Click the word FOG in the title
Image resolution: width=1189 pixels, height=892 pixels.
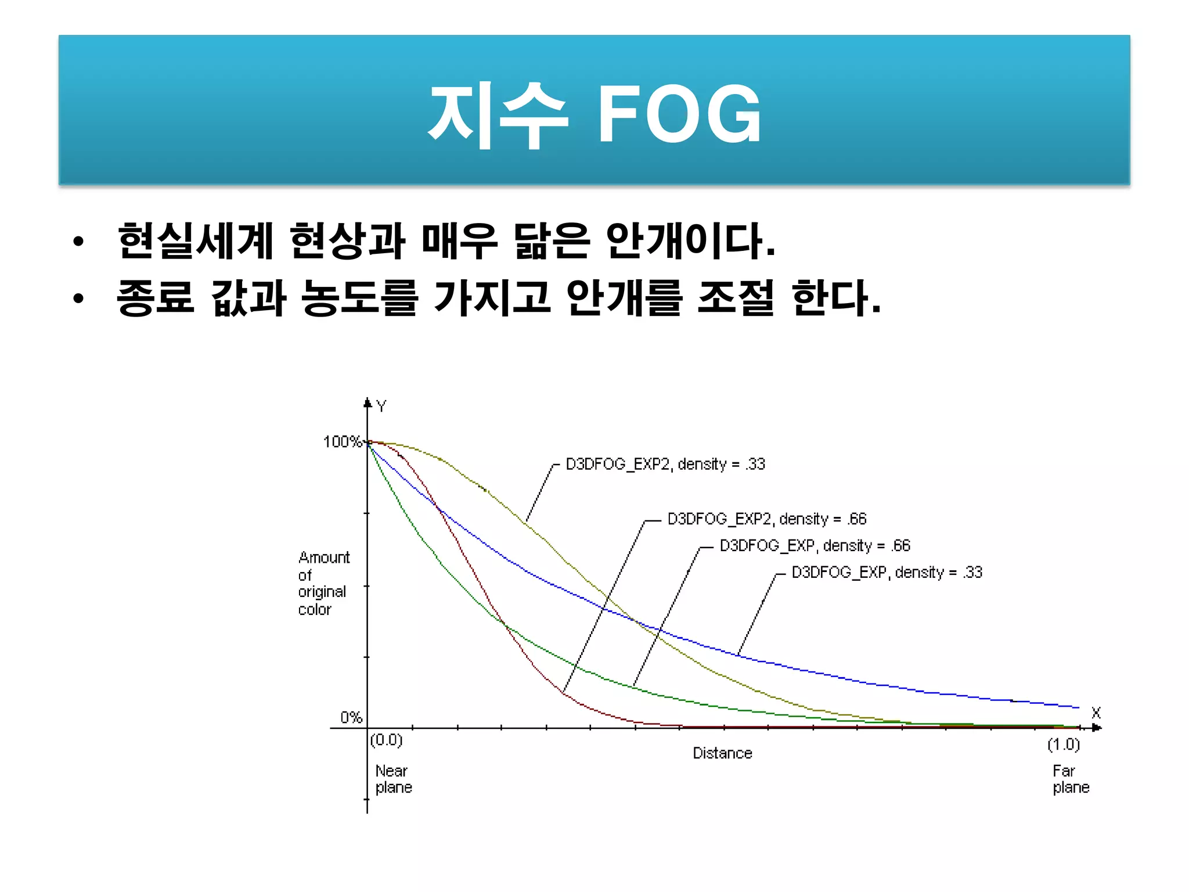tap(679, 113)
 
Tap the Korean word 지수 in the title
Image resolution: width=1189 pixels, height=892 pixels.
tap(498, 114)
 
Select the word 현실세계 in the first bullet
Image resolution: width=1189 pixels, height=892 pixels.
tap(195, 241)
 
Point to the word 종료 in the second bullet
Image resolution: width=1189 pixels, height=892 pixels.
tap(155, 297)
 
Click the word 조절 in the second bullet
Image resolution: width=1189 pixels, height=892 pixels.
tap(736, 297)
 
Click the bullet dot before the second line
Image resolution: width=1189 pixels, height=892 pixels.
tap(79, 298)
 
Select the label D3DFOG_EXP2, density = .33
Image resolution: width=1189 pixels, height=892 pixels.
tap(665, 464)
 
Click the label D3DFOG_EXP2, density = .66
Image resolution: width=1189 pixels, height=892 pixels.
tap(767, 519)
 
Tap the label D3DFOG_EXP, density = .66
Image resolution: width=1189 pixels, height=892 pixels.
tap(815, 545)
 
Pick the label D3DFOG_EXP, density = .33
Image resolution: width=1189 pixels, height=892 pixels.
tap(887, 572)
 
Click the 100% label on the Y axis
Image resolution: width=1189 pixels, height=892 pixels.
tap(342, 442)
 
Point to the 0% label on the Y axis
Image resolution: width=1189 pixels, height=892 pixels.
tap(351, 718)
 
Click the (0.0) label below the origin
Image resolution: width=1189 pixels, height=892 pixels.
tap(386, 740)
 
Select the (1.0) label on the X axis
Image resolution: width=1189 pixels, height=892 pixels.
tap(1063, 744)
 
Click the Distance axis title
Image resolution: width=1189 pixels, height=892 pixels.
tap(722, 753)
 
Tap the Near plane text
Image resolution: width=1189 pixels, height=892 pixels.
tap(393, 779)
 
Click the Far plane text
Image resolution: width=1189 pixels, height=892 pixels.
tap(1071, 779)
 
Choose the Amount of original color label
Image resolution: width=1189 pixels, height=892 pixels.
tap(323, 583)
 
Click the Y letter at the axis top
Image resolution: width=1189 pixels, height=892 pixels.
tap(381, 406)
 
